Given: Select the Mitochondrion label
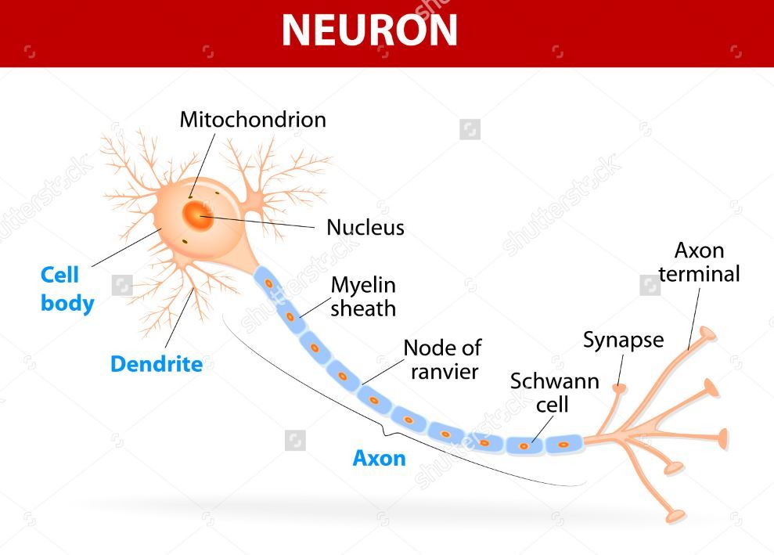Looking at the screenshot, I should point(252,120).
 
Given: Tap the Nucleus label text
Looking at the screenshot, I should point(365,228).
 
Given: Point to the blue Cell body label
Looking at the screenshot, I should point(66,289).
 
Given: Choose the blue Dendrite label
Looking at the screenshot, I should point(156,364).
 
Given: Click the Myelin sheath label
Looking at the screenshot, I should point(362,296).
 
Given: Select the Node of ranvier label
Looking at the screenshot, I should point(443,359).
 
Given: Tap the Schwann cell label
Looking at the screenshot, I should point(554,393).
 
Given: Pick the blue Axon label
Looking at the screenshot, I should point(379,458).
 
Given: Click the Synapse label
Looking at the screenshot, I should point(623,340).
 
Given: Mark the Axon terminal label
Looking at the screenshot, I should point(698,262).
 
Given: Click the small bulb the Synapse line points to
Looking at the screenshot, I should point(619,387).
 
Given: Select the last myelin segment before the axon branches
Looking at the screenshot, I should point(562,444).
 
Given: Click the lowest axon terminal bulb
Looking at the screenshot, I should point(675,516).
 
